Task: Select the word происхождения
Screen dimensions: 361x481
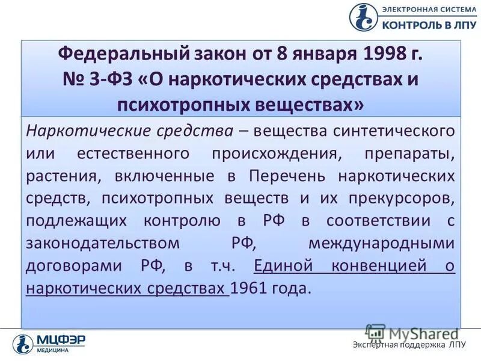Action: pyautogui.click(x=277, y=153)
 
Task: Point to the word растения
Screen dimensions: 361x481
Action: pyautogui.click(x=56, y=176)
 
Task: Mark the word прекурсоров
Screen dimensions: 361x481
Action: pyautogui.click(x=398, y=198)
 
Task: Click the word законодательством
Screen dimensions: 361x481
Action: pyautogui.click(x=103, y=243)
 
